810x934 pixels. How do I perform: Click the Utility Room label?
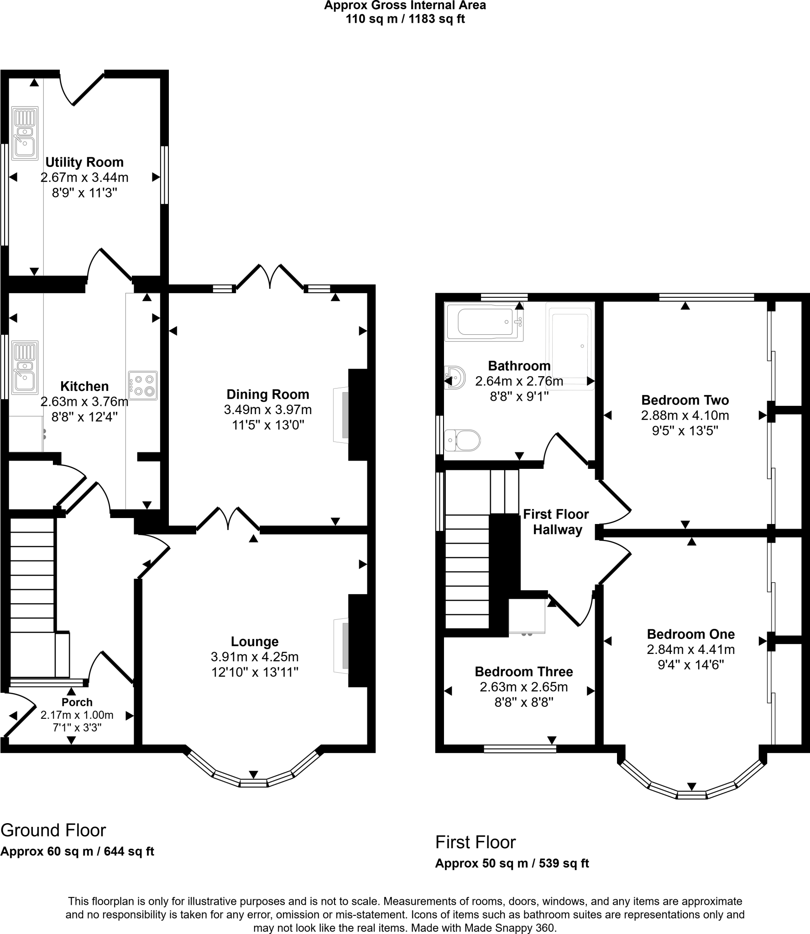84,162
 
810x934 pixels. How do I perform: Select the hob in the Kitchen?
143,385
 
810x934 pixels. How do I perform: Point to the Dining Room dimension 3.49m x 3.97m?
268,410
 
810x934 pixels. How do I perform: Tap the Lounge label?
255,642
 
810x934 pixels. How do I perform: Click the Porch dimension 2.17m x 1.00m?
77,715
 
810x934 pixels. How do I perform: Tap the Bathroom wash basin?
455,377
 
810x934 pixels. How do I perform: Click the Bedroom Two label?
685,400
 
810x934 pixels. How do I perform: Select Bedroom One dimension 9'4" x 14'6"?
690,665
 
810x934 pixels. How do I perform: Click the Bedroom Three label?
524,671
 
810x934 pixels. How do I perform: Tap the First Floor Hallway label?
556,522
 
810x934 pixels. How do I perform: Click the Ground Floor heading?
53,830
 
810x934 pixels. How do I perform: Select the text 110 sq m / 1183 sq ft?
405,19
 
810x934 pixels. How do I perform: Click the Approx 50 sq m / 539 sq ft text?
512,863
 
